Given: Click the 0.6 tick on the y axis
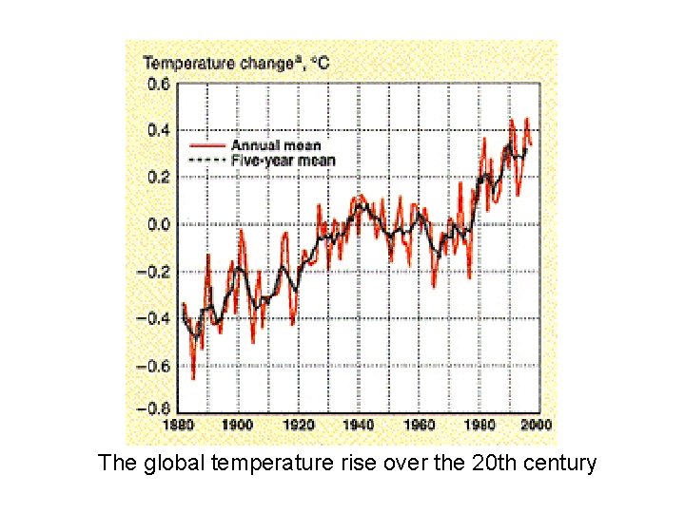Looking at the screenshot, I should [157, 84].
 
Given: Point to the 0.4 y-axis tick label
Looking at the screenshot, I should [157, 130].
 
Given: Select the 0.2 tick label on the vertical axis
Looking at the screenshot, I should [157, 178].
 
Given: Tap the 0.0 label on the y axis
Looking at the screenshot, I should [157, 225].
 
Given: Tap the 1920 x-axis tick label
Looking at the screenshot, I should [298, 425].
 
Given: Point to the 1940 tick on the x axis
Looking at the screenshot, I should [359, 425].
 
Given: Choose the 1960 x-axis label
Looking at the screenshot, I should [419, 425].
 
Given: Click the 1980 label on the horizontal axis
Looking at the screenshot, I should [479, 425].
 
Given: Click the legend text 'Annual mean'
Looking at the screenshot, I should [275, 146].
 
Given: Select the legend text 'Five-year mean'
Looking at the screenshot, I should [283, 161].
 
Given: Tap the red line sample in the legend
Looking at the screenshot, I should [207, 146].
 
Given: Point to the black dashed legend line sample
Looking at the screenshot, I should [207, 161].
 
